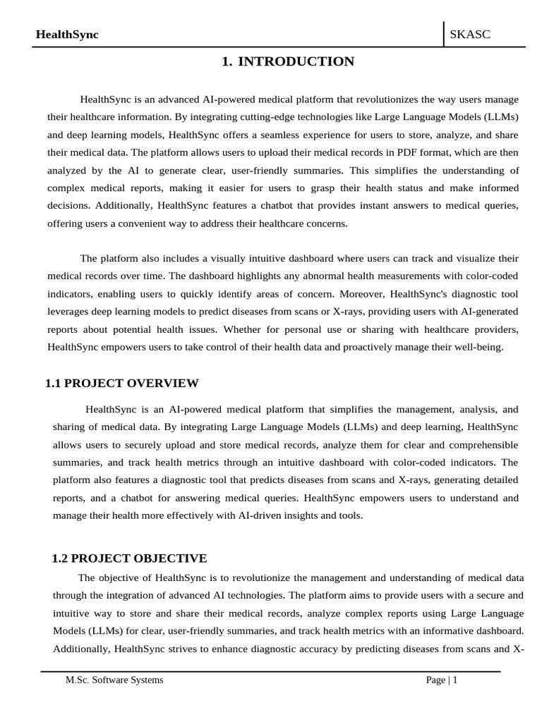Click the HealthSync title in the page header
(x=67, y=35)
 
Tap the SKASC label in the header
(x=470, y=35)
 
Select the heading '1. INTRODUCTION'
(x=288, y=62)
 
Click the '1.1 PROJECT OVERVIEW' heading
(x=122, y=384)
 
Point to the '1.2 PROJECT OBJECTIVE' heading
(x=130, y=558)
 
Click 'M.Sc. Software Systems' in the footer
(x=114, y=680)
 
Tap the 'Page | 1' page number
(x=442, y=680)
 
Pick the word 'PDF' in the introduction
(x=387, y=152)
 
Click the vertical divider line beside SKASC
(x=443, y=34)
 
